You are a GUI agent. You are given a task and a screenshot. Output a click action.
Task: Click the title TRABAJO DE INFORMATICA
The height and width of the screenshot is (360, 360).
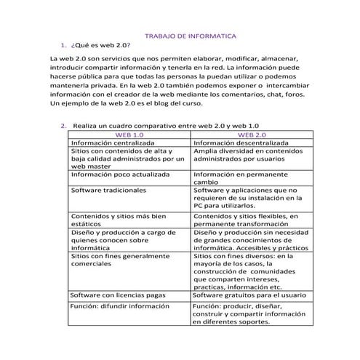[191, 35]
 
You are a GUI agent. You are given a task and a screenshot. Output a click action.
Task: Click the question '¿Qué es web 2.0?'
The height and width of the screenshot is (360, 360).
[101, 44]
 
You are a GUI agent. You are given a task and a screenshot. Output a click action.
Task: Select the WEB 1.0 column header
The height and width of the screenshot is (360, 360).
[130, 135]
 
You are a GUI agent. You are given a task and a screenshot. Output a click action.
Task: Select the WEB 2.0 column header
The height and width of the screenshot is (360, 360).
[252, 135]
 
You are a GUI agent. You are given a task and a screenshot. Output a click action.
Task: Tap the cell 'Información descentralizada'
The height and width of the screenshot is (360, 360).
[241, 143]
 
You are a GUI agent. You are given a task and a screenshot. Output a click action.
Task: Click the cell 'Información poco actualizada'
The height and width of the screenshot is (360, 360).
[120, 175]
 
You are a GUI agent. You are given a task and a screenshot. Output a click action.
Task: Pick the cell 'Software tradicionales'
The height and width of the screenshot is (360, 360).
[108, 191]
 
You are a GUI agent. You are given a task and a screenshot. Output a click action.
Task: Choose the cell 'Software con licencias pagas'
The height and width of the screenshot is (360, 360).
[117, 295]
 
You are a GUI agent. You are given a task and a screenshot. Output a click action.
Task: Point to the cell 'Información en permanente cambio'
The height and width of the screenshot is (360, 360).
[245, 179]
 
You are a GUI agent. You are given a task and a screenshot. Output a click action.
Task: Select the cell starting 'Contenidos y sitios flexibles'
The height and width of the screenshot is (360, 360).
[247, 220]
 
